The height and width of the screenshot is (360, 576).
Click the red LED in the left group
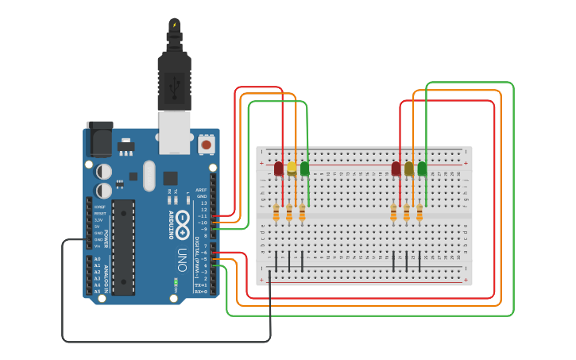[279, 168]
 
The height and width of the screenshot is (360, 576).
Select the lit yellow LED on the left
[292, 168]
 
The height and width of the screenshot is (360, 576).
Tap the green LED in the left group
[304, 168]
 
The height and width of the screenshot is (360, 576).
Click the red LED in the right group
[396, 168]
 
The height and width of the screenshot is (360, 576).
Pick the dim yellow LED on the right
[409, 168]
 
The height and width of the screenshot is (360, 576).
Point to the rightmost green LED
[422, 168]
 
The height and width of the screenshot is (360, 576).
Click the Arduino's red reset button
[207, 144]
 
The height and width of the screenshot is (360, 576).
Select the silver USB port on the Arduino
[175, 131]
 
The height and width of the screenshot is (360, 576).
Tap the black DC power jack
[99, 140]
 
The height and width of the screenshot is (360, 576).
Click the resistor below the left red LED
[276, 212]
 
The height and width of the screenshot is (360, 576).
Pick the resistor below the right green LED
[419, 212]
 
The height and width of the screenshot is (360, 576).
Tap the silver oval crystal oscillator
[149, 175]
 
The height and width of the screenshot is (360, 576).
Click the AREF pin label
[201, 190]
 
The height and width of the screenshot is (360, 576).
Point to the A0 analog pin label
[97, 259]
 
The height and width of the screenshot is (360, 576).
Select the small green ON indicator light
[176, 282]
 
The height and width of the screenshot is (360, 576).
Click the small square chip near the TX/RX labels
[170, 178]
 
